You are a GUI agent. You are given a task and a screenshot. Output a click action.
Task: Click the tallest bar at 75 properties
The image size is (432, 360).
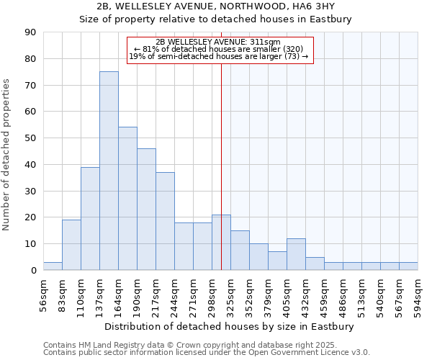(109, 171)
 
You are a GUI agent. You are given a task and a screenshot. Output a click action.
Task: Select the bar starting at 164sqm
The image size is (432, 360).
(127, 199)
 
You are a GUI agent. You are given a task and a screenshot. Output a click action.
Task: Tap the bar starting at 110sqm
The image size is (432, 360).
(90, 218)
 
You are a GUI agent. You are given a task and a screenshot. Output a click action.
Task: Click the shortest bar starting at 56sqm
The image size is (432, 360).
(53, 266)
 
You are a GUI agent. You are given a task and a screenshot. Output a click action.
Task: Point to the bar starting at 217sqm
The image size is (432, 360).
(165, 221)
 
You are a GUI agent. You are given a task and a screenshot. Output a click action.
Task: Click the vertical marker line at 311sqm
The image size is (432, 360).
(221, 166)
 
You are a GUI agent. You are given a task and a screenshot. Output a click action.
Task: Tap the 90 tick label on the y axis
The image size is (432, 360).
(30, 32)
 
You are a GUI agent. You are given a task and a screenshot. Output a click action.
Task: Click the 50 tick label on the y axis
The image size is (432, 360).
(30, 138)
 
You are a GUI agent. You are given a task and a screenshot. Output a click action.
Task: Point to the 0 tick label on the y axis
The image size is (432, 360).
(33, 271)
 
